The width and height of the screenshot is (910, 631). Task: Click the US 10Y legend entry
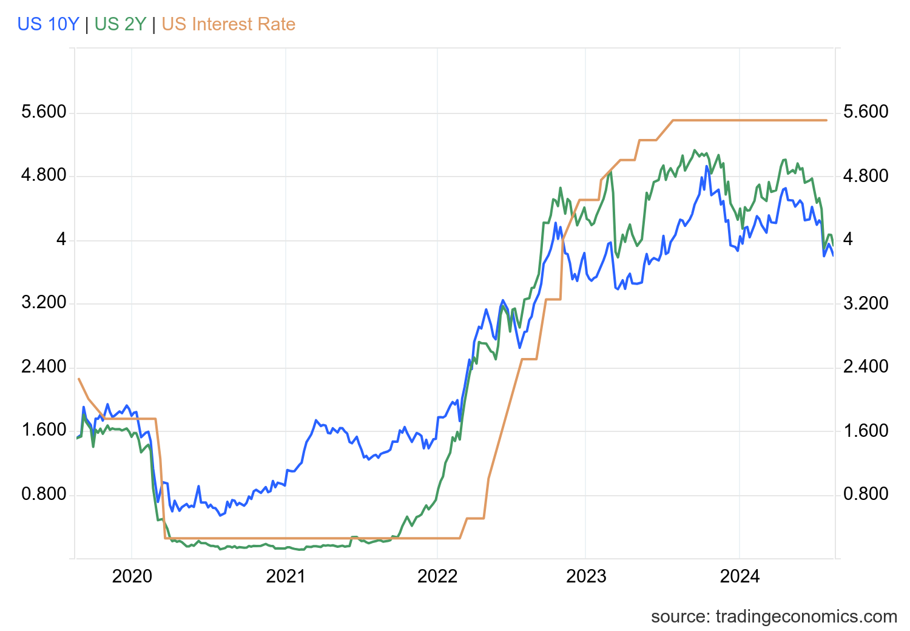coord(48,24)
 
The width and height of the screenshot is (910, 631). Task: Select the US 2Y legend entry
coord(120,24)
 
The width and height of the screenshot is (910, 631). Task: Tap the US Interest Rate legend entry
coord(228,24)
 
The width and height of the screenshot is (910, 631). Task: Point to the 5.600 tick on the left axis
coord(44,112)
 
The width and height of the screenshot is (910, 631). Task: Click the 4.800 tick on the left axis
coord(44,176)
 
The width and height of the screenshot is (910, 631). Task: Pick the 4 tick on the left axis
coord(61,240)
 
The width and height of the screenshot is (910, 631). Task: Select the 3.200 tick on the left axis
coord(44,303)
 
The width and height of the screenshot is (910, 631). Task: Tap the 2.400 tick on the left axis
coord(44,367)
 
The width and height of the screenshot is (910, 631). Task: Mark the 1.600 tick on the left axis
coord(44,431)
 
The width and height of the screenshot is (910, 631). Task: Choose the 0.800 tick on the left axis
coord(44,494)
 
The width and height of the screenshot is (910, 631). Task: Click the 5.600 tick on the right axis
coord(866,112)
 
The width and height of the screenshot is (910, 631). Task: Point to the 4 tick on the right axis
coord(848,240)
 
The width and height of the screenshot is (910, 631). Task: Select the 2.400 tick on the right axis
coord(866,367)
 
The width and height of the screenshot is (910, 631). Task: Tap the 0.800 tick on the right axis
coord(866,494)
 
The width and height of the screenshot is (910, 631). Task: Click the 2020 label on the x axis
coord(132,576)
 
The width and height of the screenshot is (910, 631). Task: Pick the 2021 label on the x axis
coord(285,576)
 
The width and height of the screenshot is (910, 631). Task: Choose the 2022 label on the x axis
coord(437,576)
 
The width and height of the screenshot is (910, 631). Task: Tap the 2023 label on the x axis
coord(585,576)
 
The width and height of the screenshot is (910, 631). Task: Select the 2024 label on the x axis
coord(740,576)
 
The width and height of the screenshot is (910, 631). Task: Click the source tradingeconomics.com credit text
coord(773,617)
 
